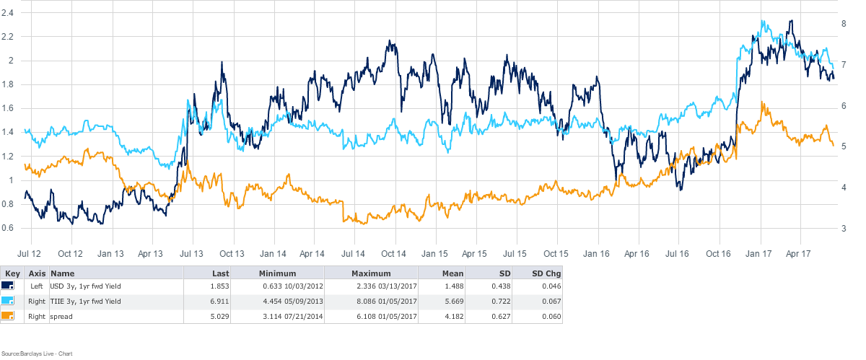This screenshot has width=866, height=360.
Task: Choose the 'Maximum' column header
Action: (x=370, y=273)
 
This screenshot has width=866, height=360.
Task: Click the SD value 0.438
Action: (x=495, y=286)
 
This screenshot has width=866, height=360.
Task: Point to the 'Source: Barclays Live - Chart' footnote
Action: (x=38, y=353)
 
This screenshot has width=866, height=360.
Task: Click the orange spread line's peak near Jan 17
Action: (x=763, y=102)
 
